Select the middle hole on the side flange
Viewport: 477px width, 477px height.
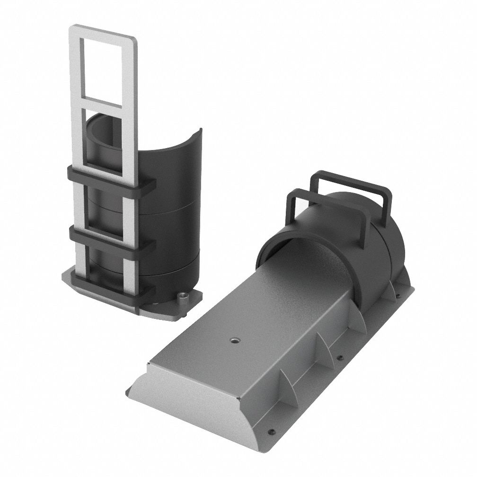pos(339,358)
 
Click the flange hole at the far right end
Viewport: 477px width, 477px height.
pos(398,297)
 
